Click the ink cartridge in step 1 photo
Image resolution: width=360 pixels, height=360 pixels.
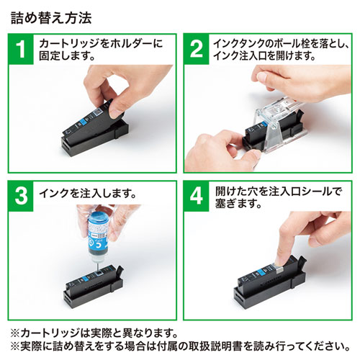pos(104,122)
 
